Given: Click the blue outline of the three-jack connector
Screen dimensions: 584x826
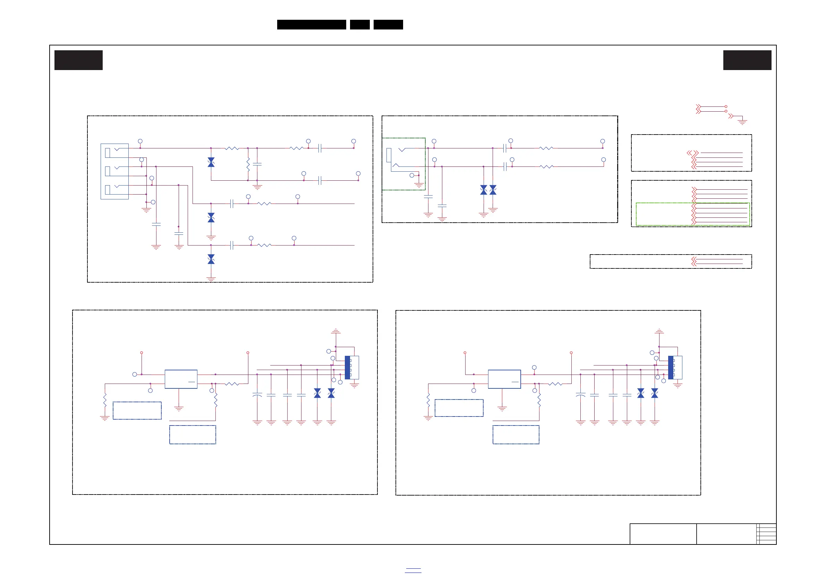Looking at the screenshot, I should point(101,171).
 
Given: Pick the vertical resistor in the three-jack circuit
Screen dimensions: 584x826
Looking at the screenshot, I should point(248,164).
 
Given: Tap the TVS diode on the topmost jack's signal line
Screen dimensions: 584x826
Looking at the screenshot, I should point(211,162).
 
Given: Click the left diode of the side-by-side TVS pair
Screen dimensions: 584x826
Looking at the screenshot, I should point(484,190).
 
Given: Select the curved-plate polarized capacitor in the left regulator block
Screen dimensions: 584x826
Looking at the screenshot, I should point(257,395).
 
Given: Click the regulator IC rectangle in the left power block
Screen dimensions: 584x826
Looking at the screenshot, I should point(181,379).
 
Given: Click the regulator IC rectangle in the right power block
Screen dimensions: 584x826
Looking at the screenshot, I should point(504,379).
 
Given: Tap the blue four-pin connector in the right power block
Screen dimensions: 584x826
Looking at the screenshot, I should point(671,367).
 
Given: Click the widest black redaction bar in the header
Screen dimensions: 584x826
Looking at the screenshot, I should point(312,25).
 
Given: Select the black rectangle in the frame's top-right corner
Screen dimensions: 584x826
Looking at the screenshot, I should point(747,60).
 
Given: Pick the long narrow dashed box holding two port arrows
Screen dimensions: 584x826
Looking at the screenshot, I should point(671,261).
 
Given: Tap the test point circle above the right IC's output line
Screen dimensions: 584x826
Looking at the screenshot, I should point(534,368).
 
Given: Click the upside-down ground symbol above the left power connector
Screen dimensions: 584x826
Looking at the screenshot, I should point(336,331).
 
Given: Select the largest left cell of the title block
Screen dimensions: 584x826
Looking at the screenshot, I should point(663,534).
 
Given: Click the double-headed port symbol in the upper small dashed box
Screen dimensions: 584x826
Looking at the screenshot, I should point(690,153).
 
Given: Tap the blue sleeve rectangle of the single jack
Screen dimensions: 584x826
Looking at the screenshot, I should point(389,155).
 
